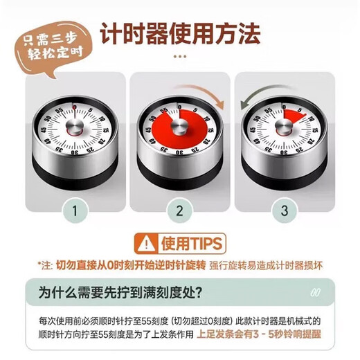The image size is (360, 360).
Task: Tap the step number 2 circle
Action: coord(180,210)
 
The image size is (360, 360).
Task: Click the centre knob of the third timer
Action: coord(285,126)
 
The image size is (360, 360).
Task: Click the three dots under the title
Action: coord(180,57)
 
